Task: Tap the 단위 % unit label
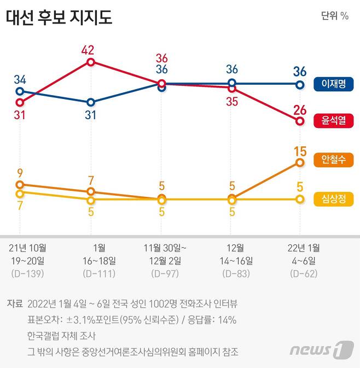click(x=334, y=15)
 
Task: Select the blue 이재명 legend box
click(x=333, y=84)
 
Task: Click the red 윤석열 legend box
click(x=333, y=121)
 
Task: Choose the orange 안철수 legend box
click(x=333, y=160)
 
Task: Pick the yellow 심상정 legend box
click(x=333, y=199)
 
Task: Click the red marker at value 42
click(x=91, y=62)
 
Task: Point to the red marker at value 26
click(x=299, y=121)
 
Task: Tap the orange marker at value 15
click(x=299, y=162)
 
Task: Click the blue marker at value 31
click(x=91, y=102)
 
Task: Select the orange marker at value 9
click(x=20, y=185)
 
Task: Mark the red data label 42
click(x=88, y=50)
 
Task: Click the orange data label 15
click(x=299, y=150)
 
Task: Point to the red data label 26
click(x=299, y=109)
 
